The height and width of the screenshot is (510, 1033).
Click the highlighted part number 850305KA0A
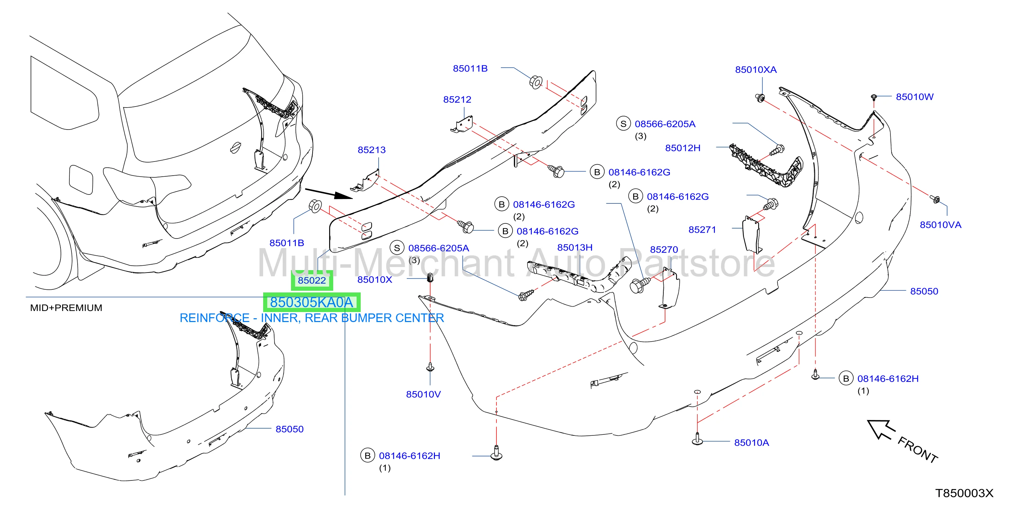coord(312,302)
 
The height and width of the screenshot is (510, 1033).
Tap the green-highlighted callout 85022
coord(312,280)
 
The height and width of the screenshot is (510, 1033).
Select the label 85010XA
coord(755,70)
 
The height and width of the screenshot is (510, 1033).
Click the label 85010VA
coord(940,225)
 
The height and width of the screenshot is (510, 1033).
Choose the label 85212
coord(457,100)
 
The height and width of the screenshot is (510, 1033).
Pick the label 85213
coord(371,150)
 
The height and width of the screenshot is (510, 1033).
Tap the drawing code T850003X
coord(964,493)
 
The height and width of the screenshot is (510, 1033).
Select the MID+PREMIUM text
coord(66,308)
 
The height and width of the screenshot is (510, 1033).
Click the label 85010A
coord(752,443)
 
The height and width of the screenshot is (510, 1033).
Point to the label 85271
coord(702,230)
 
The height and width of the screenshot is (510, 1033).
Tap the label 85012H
coord(683,148)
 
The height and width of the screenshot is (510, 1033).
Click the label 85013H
coord(575,247)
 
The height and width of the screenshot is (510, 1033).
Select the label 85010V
coord(423,395)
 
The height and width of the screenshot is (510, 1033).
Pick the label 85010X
coord(374,280)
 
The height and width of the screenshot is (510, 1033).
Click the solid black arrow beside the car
coord(329,193)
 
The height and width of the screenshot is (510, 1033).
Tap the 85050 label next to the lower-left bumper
coord(290,429)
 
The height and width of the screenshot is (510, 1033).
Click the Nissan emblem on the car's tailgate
coord(235,148)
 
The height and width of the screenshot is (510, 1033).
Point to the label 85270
coord(664,250)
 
